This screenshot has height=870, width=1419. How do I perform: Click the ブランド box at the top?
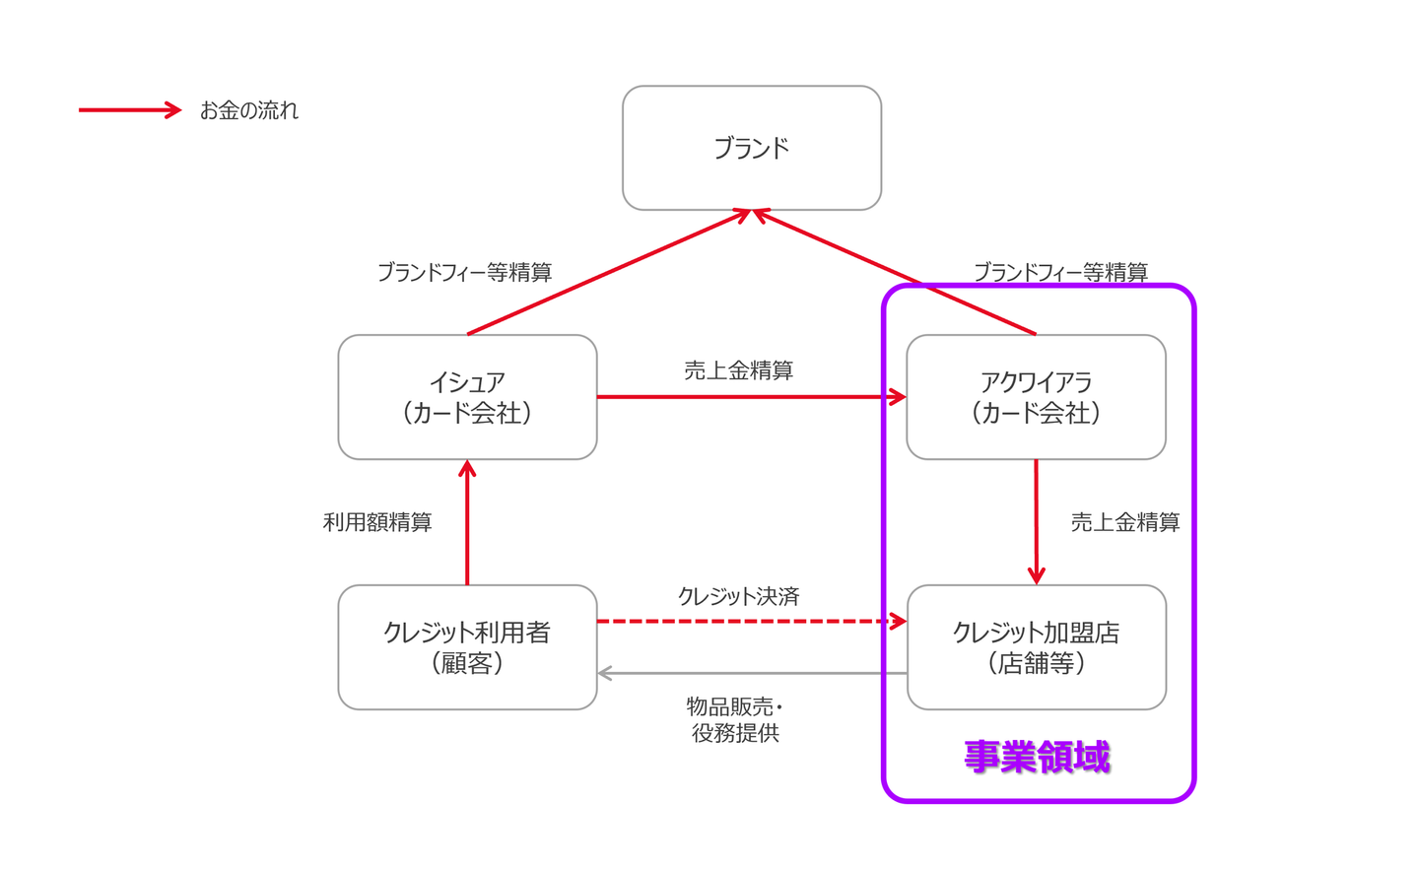point(751,148)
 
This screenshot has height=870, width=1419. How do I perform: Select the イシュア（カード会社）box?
point(467,397)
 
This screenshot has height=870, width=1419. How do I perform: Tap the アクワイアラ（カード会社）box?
point(1036,397)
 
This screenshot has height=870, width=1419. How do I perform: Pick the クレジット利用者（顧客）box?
point(467,647)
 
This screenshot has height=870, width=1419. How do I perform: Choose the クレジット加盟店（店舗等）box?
point(1036,647)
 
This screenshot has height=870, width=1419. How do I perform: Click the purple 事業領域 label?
point(1037,757)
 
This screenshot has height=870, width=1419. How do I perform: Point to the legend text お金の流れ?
point(248,110)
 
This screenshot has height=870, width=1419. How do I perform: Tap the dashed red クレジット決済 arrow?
point(749,621)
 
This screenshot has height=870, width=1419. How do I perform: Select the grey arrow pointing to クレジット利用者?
point(749,674)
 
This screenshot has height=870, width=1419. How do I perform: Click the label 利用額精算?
point(377,522)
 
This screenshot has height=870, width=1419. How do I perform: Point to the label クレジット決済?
point(738,596)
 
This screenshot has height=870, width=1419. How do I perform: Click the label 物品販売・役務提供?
point(735,719)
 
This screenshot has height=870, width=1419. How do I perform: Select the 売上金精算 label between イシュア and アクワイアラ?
point(738,370)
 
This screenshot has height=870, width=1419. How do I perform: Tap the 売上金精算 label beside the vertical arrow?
point(1125,522)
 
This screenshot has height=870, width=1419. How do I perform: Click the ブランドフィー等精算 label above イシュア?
point(464,272)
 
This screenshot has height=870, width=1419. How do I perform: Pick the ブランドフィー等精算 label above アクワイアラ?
point(1060,272)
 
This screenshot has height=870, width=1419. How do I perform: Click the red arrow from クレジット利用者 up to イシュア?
point(467,522)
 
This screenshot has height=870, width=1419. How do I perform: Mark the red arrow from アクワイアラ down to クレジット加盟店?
point(1036,522)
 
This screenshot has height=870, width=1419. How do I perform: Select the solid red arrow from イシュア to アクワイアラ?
point(749,397)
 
